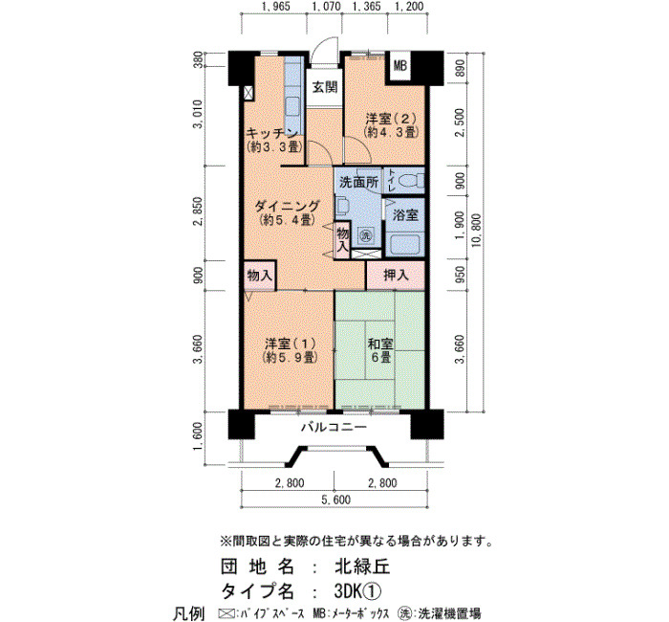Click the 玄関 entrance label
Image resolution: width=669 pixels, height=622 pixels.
click(325, 88)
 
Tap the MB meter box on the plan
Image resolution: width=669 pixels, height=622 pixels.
click(400, 66)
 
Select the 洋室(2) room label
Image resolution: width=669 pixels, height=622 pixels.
click(390, 124)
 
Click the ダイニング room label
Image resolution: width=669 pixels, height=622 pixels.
click(287, 212)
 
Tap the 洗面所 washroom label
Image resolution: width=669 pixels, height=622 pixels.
click(358, 183)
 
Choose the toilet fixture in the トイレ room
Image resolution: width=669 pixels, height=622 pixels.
click(413, 181)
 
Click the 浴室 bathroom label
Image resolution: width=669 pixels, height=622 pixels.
click(405, 215)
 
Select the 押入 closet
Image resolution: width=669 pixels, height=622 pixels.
click(396, 276)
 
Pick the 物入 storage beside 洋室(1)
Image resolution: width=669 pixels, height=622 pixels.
click(259, 276)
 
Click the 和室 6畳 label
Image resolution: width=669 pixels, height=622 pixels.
click(380, 350)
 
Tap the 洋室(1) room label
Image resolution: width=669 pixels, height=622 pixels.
click(291, 350)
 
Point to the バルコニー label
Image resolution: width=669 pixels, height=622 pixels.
click(334, 427)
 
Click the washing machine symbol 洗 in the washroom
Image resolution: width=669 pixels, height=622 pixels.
click(366, 234)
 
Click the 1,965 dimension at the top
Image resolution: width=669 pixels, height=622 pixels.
click(275, 7)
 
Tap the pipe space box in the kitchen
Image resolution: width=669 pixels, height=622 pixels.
click(248, 93)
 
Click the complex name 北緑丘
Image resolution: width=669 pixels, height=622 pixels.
click(362, 566)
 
